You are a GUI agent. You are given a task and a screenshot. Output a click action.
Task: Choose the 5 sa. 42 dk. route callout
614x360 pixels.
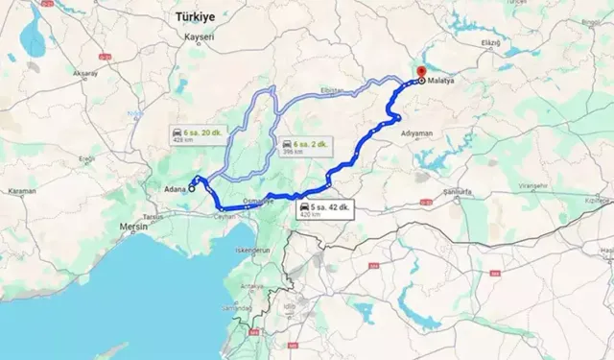click(321, 210)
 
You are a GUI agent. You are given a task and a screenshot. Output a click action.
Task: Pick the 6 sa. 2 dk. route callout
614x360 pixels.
click(304, 147)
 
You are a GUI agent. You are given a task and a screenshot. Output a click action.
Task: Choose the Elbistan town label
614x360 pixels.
click(333, 89)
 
